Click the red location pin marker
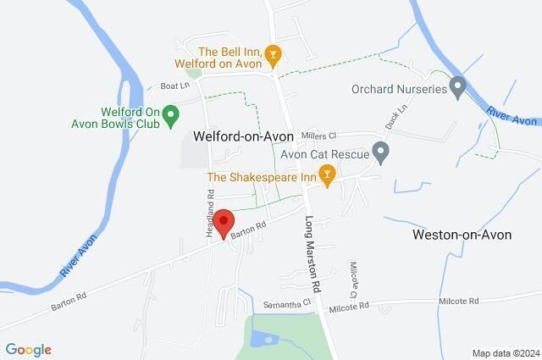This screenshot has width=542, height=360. click(x=224, y=222)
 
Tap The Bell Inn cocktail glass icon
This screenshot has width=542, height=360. click(x=273, y=57)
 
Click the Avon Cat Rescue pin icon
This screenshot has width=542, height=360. click(x=380, y=152)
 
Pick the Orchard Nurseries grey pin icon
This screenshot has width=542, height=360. click(x=457, y=86)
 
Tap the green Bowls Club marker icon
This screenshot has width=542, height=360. click(x=169, y=113)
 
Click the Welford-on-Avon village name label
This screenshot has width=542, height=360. click(x=243, y=136)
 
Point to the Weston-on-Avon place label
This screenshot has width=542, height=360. click(x=462, y=235)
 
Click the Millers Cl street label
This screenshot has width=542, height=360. click(x=319, y=136)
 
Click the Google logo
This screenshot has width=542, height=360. click(x=28, y=349)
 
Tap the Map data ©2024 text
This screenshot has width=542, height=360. click(x=505, y=352)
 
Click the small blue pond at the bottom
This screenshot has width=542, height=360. click(x=262, y=340)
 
